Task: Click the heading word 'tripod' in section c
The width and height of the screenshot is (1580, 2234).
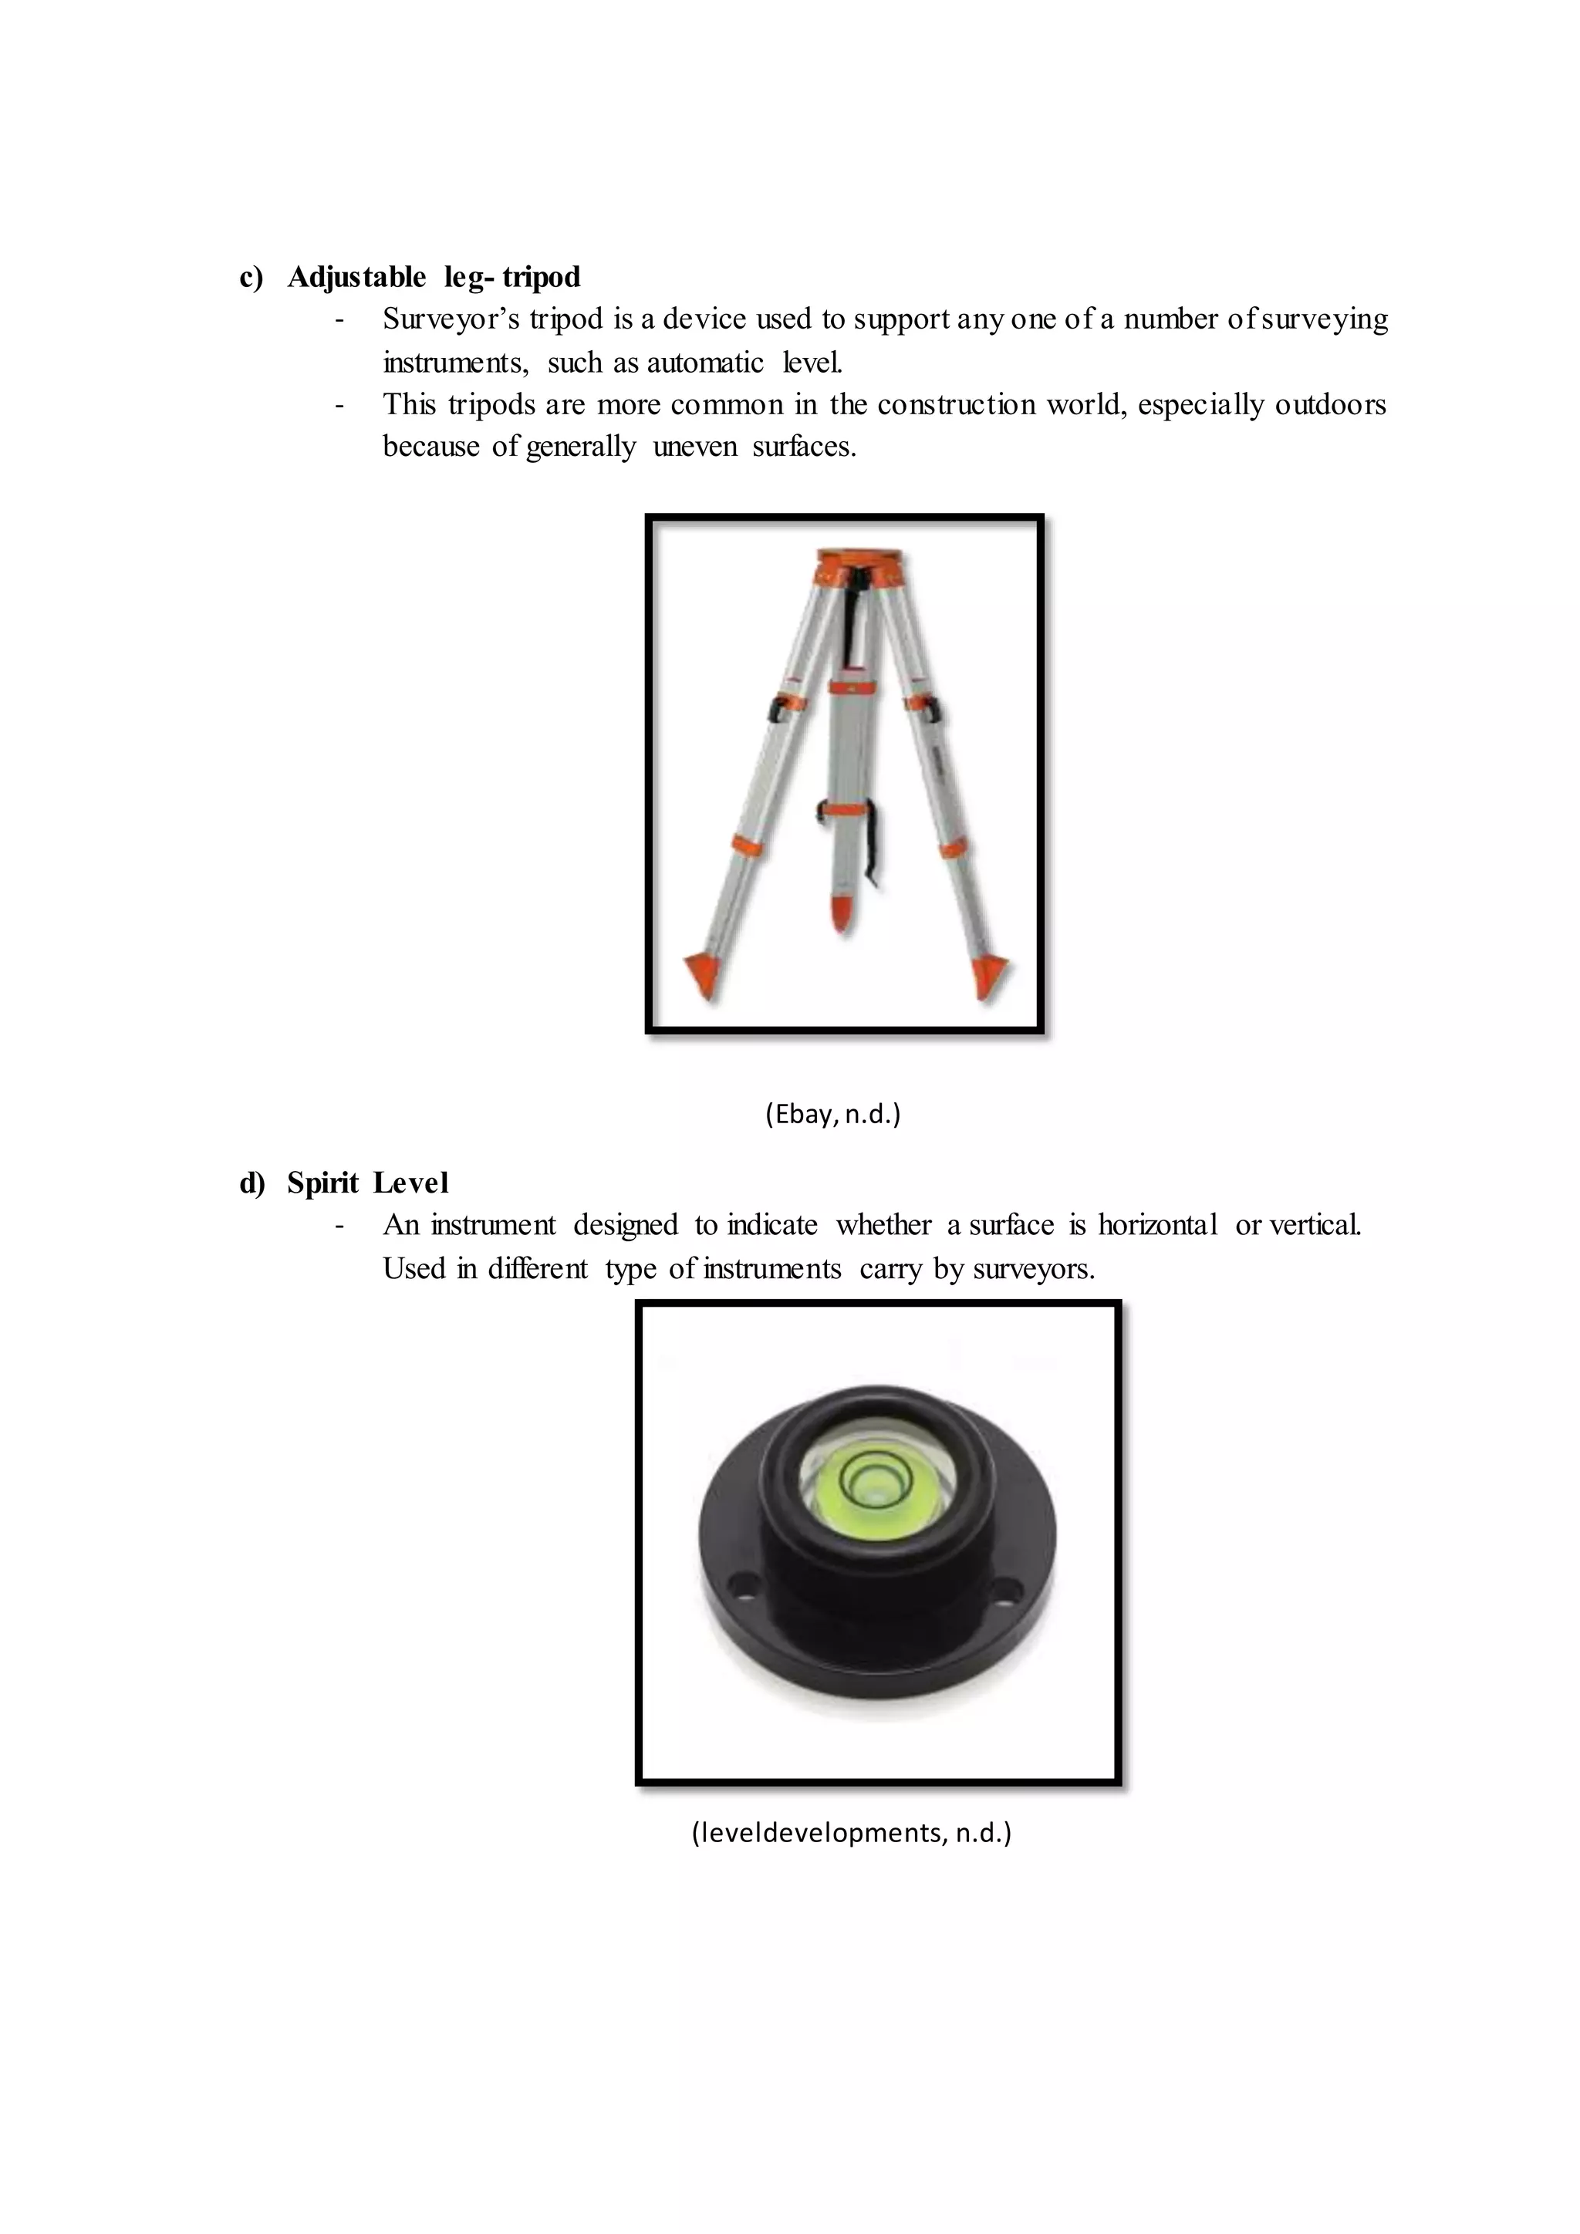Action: coord(542,277)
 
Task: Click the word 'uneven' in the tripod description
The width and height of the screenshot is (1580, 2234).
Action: coord(694,447)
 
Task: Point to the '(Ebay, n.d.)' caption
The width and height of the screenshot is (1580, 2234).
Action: coord(832,1114)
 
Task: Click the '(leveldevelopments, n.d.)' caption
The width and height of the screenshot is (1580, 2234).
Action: coord(851,1833)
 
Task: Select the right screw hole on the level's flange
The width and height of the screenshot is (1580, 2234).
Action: coord(1011,1593)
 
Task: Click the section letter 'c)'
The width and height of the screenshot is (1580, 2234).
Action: coord(251,277)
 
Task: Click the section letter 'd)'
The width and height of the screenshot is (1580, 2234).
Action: coord(252,1183)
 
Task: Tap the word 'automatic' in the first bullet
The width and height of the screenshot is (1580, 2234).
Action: coord(705,363)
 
